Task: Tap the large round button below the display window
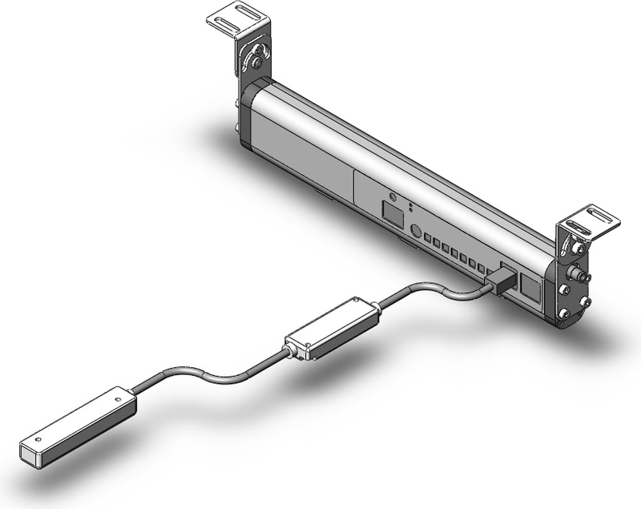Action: pyautogui.click(x=416, y=230)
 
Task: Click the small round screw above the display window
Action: pyautogui.click(x=393, y=196)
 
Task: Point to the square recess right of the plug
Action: pyautogui.click(x=530, y=286)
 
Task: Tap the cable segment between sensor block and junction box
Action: pyautogui.click(x=208, y=377)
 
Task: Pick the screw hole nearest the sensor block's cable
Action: pyautogui.click(x=118, y=398)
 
